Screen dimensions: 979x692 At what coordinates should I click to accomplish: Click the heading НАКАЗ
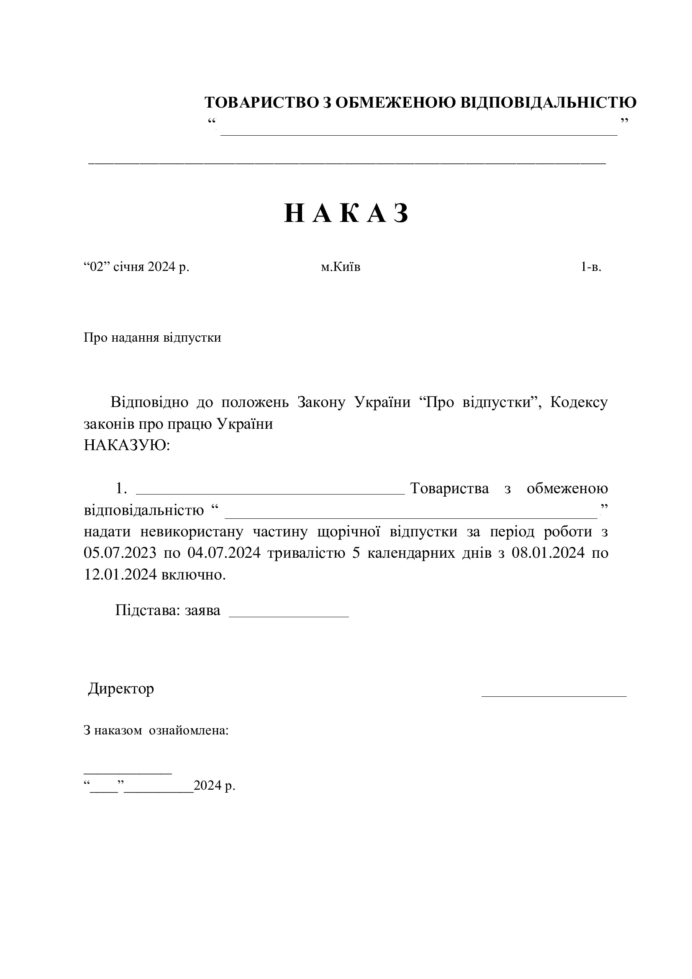point(346,213)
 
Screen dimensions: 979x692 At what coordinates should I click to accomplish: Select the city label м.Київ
point(341,267)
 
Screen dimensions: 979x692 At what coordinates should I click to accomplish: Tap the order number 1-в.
point(591,267)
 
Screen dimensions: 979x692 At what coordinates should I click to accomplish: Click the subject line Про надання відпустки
point(152,338)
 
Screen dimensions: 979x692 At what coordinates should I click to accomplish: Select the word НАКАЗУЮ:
point(126,446)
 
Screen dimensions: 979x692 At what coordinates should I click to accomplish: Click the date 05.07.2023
point(119,553)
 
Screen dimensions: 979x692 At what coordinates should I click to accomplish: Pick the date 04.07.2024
point(224,553)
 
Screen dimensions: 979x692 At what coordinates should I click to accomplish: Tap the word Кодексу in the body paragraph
point(579,402)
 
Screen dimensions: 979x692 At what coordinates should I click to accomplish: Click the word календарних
point(411,553)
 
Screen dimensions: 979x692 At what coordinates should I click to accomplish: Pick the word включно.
point(193,575)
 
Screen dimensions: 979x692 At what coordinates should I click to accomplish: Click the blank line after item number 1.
point(270,493)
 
